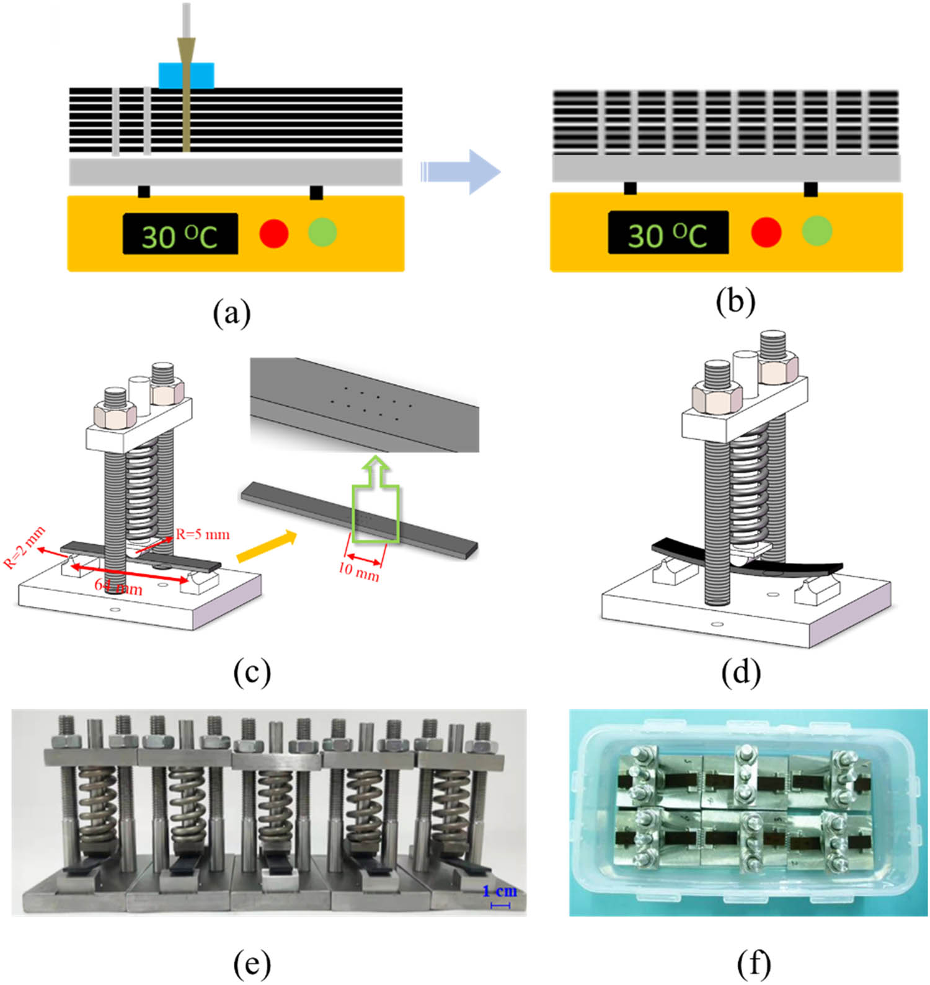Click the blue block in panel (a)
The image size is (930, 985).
pyautogui.click(x=186, y=75)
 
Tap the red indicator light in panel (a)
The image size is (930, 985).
pyautogui.click(x=273, y=233)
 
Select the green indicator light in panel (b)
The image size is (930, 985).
pyautogui.click(x=817, y=231)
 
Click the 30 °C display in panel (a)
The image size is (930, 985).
pyautogui.click(x=180, y=234)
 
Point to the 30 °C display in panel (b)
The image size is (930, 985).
pyautogui.click(x=668, y=232)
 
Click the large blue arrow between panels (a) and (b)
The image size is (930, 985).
pyautogui.click(x=462, y=172)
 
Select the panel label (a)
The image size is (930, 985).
pyautogui.click(x=232, y=313)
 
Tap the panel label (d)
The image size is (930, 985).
pyautogui.click(x=741, y=673)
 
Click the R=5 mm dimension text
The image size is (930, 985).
pyautogui.click(x=202, y=534)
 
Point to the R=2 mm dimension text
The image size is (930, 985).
pyautogui.click(x=25, y=548)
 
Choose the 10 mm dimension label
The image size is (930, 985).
pyautogui.click(x=358, y=570)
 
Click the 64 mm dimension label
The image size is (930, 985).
pyautogui.click(x=118, y=586)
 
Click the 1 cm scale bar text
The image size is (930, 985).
pyautogui.click(x=499, y=891)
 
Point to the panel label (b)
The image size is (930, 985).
pyautogui.click(x=735, y=302)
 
